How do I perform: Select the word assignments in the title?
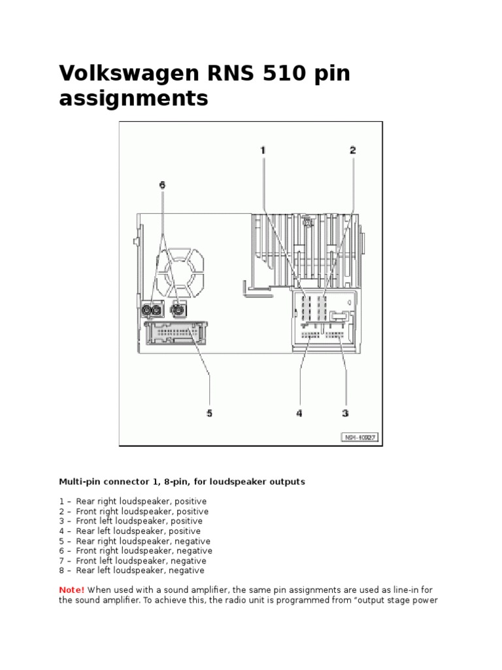click(133, 99)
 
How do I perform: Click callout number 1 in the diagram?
click(263, 150)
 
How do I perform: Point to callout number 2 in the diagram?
click(352, 150)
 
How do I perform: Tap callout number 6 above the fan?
click(163, 185)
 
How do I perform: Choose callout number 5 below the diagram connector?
click(210, 414)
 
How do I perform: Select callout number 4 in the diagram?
click(299, 414)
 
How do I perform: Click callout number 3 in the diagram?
click(346, 414)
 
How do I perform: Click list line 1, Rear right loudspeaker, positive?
click(133, 502)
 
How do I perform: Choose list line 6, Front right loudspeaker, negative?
click(135, 551)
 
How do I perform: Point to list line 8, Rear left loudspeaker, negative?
click(131, 571)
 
